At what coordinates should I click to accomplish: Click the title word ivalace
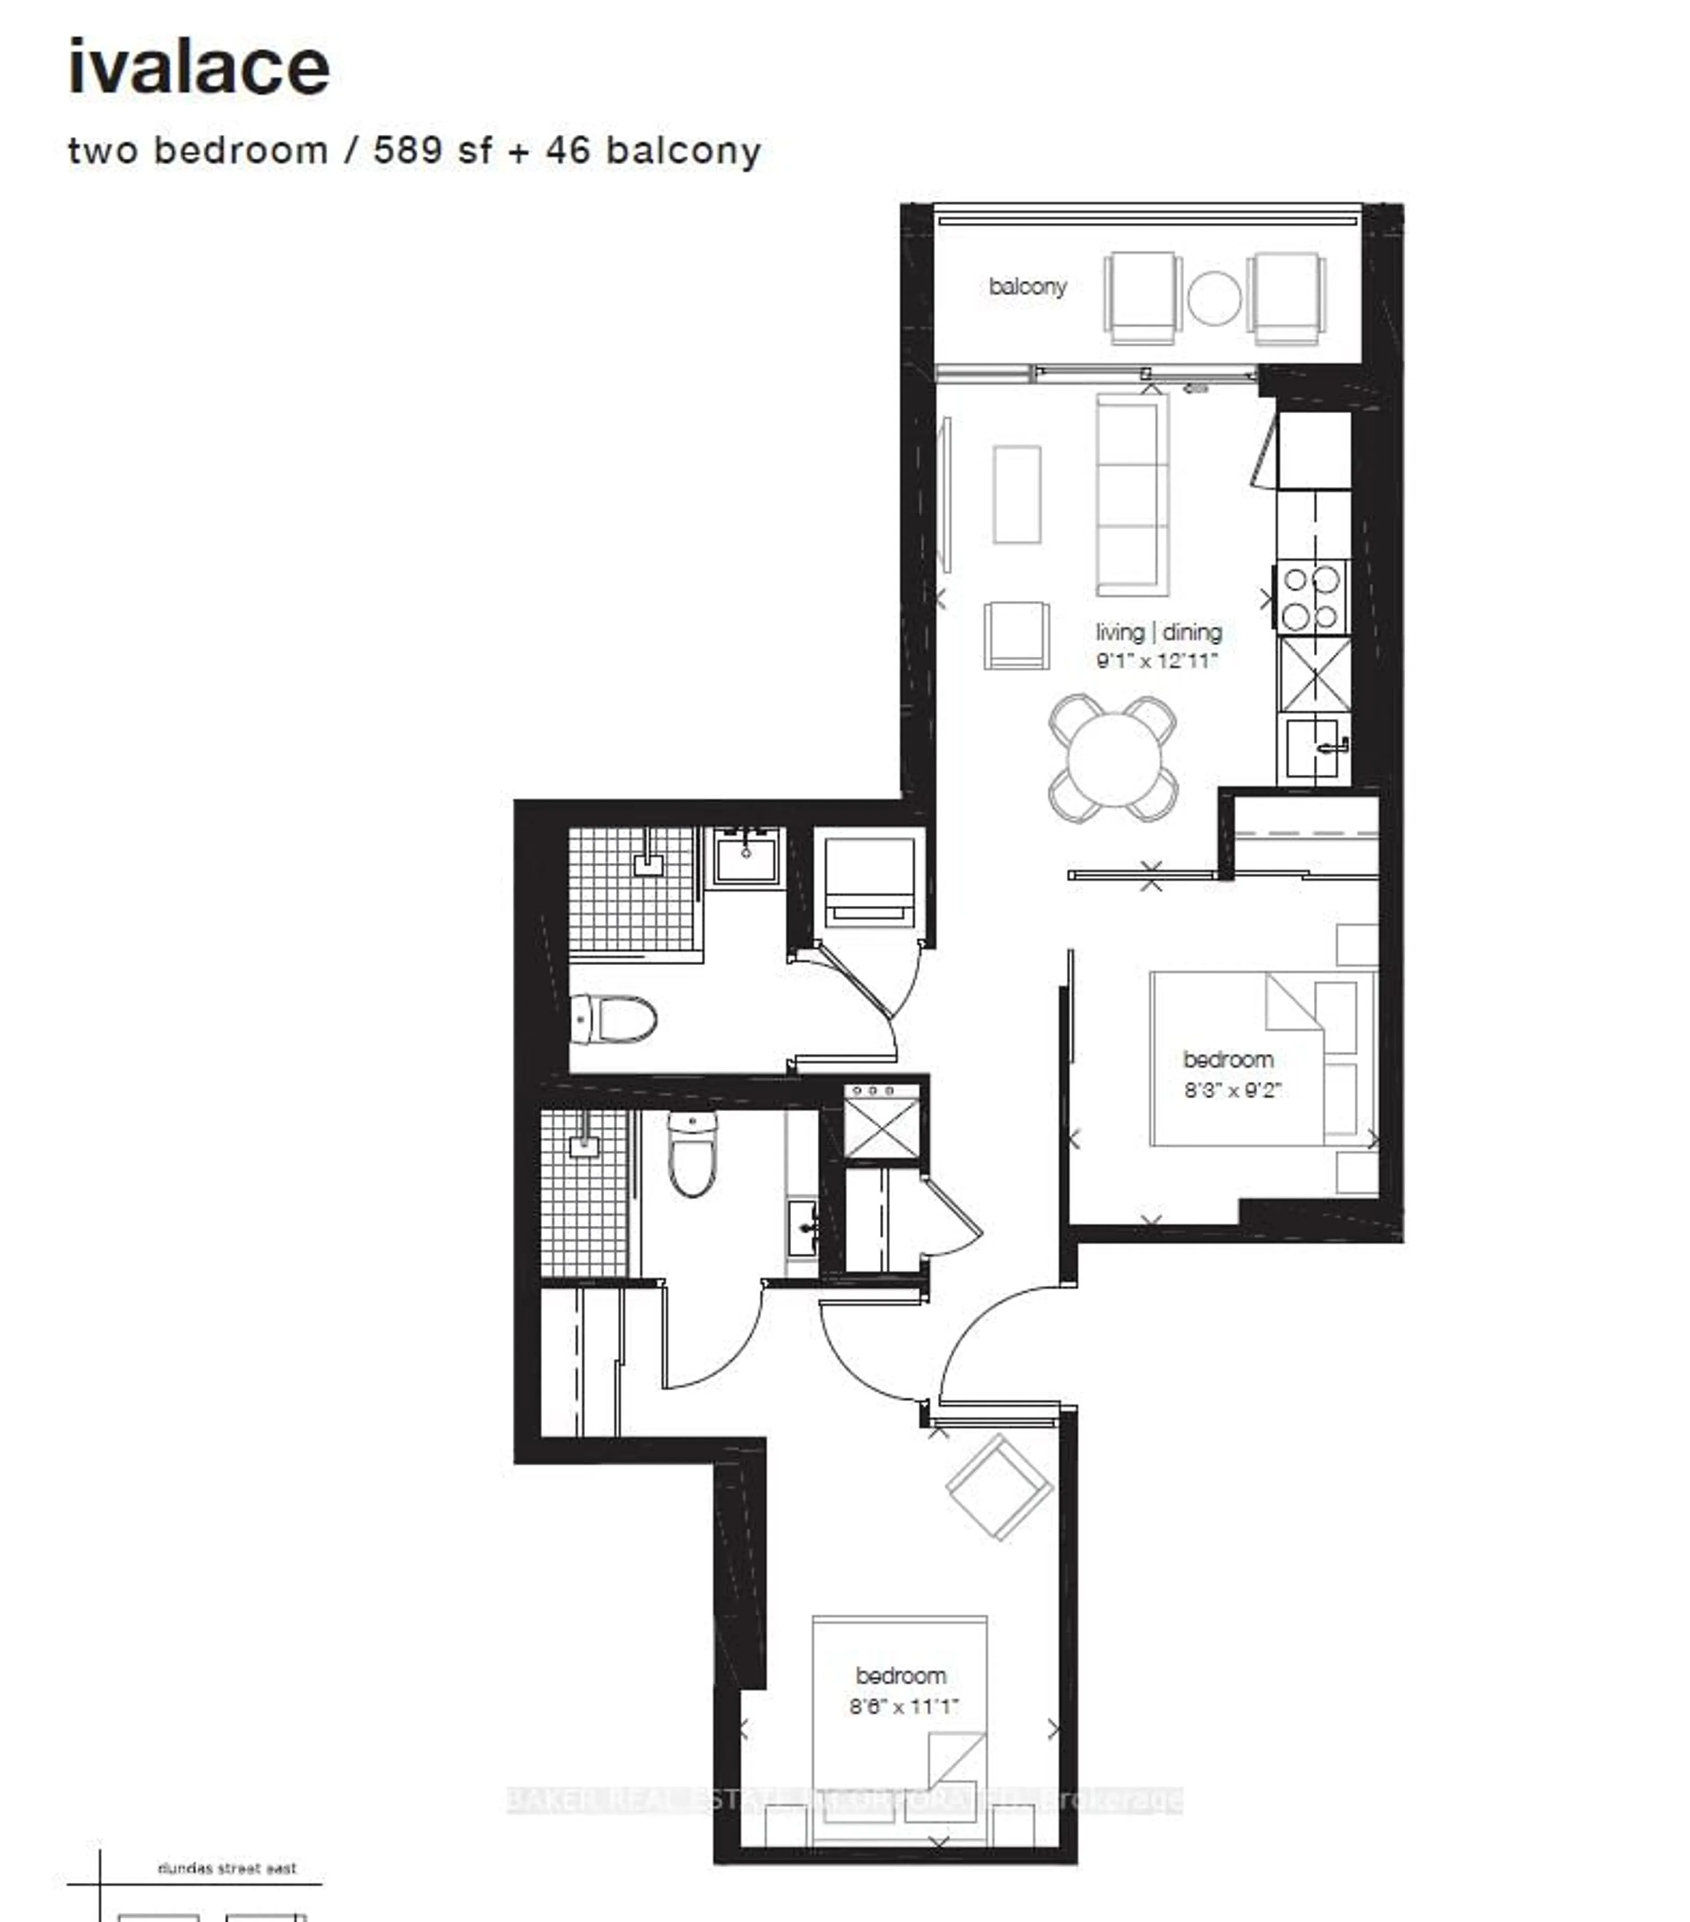[198, 68]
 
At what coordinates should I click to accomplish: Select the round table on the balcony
[1213, 298]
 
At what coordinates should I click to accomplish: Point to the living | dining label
[1158, 632]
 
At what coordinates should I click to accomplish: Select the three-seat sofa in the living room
[1132, 495]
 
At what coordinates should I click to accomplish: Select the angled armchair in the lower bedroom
[999, 1487]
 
